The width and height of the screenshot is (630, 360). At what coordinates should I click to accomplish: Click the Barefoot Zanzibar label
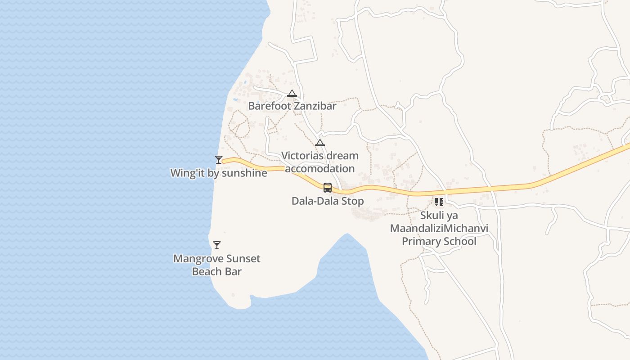[x=292, y=106]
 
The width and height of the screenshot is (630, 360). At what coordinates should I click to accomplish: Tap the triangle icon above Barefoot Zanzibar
[x=292, y=94]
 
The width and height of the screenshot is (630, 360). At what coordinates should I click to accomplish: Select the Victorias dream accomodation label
[x=319, y=162]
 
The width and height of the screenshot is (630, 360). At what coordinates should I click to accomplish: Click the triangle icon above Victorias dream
[x=320, y=143]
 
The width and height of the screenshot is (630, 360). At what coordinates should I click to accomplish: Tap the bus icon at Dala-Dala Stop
[x=328, y=188]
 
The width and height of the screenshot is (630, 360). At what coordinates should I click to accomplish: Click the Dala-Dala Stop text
[x=328, y=201]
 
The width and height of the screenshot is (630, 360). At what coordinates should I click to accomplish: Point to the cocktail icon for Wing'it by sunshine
[x=219, y=159]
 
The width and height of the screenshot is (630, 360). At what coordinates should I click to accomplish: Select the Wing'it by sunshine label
[x=219, y=173]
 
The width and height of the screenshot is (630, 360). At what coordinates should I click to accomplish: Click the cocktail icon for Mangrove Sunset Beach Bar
[x=217, y=245]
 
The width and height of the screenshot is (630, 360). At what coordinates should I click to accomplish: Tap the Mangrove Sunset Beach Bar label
[x=217, y=265]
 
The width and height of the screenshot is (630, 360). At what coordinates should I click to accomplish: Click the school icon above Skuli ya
[x=439, y=202]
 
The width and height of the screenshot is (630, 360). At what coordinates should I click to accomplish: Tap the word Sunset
[x=243, y=259]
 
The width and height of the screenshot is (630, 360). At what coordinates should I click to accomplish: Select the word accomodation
[x=319, y=169]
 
